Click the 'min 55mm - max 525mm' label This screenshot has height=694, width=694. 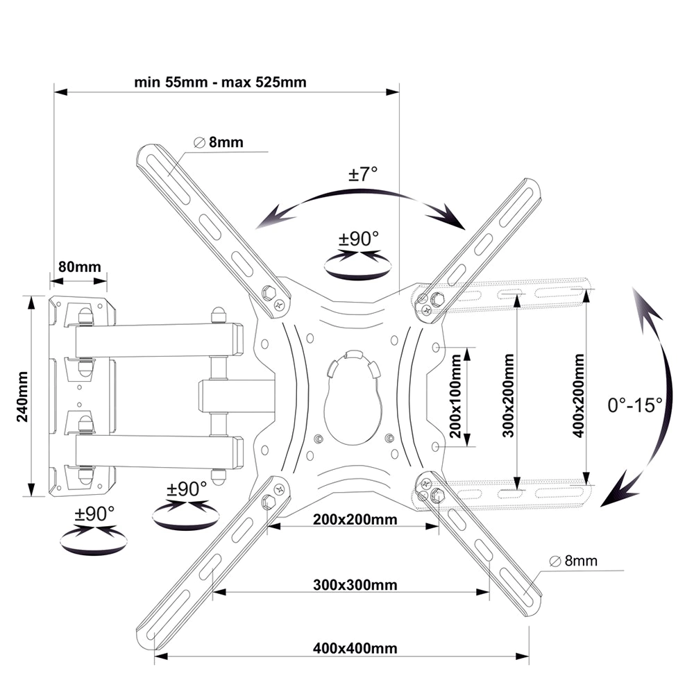220,83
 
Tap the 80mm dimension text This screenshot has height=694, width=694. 80,266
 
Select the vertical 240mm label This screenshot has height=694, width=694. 23,396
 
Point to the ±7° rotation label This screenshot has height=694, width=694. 363,173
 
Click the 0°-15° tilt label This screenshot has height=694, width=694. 635,405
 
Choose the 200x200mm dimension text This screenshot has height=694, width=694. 355,518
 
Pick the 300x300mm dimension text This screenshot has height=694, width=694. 355,584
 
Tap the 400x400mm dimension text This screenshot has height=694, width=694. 355,648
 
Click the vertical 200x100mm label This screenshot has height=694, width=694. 455,396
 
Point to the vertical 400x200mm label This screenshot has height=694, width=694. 579,396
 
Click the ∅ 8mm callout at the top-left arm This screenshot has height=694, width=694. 219,142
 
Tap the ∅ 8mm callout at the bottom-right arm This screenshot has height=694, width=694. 573,561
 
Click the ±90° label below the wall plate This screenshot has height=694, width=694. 94,514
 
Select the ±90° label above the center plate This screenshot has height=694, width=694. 359,239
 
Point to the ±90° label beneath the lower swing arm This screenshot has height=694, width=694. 186,489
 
